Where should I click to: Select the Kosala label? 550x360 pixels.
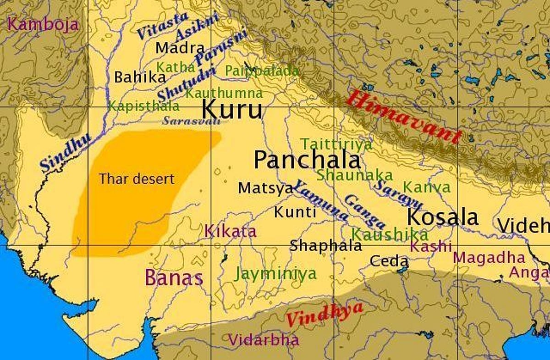442,217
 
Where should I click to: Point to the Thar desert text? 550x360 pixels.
137,179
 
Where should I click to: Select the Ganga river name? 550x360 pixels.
364,212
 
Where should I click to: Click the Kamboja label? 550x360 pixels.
43,24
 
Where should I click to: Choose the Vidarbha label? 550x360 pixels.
264,340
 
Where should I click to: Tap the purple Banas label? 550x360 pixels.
174,278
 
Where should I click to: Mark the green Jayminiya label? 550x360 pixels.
275,274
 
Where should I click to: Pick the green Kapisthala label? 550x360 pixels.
143,106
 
